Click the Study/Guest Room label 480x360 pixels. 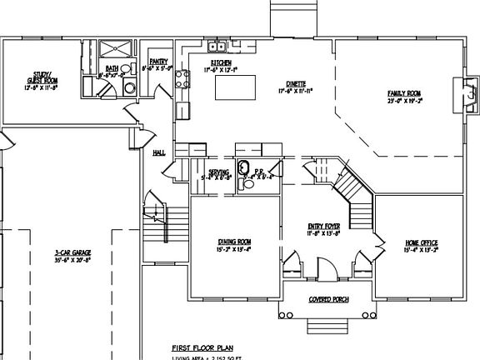click(39, 82)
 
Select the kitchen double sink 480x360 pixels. click(219, 47)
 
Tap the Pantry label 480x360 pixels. click(159, 65)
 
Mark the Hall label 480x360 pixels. click(158, 152)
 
